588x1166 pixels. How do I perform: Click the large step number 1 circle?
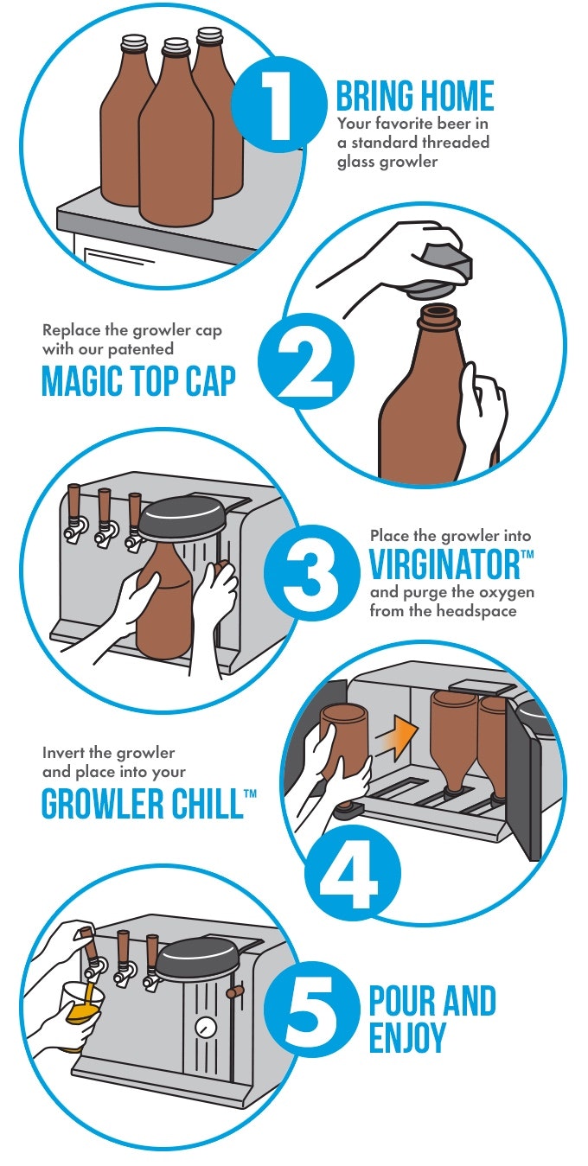(278, 103)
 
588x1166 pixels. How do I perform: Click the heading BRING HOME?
(414, 95)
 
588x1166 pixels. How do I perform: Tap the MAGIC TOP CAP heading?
(138, 380)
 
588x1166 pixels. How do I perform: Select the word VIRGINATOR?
(444, 564)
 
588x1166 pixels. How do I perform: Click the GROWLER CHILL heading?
(142, 804)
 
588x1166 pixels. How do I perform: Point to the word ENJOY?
(406, 1037)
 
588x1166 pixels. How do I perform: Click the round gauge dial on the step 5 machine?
(207, 1028)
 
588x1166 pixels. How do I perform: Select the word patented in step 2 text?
(141, 348)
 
